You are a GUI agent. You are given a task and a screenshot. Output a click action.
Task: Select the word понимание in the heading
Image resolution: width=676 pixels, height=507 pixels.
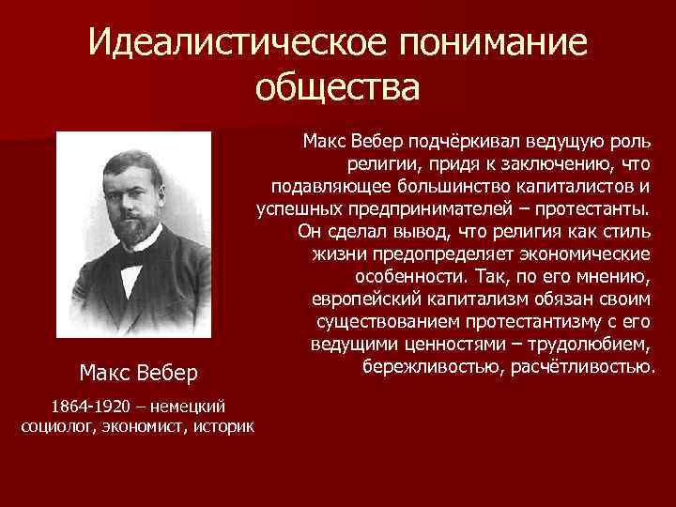coord(484,43)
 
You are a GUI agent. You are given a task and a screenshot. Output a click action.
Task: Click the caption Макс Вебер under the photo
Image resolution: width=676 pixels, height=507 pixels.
coord(139,374)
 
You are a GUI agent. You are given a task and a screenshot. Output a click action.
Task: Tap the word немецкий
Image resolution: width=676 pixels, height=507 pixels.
coord(188,406)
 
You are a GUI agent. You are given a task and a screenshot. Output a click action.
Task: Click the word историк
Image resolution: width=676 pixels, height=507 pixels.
coord(222,427)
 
